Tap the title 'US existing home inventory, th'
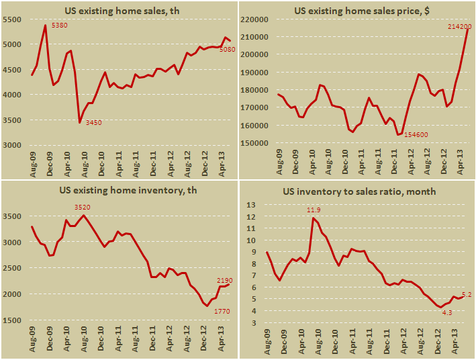(x=119, y=191)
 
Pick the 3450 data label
(x=95, y=122)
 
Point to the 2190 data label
(x=224, y=279)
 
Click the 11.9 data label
(x=313, y=210)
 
